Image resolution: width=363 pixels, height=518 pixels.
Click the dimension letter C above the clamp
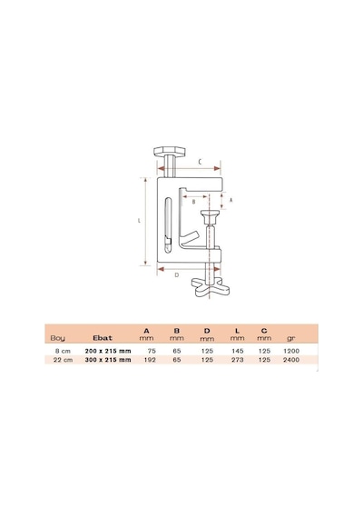(200, 162)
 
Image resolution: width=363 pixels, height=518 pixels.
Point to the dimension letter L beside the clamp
(139, 220)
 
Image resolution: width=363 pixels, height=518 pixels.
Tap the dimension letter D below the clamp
(177, 274)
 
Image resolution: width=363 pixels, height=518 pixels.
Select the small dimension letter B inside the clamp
(193, 202)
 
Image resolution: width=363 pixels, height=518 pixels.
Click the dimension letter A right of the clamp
(231, 200)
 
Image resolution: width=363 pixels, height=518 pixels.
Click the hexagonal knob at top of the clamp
(170, 152)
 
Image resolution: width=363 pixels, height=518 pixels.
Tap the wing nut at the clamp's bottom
(211, 287)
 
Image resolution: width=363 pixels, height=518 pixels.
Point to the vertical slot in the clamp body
(168, 225)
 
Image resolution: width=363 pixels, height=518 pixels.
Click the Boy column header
(58, 338)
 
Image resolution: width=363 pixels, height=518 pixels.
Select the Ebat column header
(103, 338)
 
